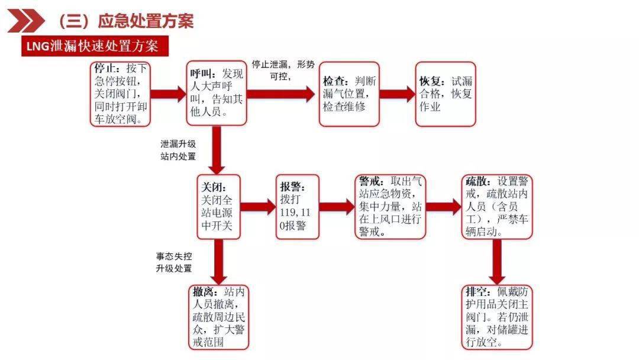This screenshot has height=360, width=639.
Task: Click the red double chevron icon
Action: [25, 21]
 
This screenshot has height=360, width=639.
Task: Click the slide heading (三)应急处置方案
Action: [125, 21]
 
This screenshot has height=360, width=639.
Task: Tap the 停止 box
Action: [120, 94]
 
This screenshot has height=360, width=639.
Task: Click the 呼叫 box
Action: [216, 94]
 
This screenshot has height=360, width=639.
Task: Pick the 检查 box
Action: [349, 94]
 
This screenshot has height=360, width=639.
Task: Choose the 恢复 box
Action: [445, 94]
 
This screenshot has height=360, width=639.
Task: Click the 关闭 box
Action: [220, 207]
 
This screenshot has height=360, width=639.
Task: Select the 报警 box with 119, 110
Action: [297, 207]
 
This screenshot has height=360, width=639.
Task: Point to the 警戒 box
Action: [390, 207]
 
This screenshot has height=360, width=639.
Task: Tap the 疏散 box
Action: [498, 207]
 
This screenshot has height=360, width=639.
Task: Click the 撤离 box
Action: [220, 317]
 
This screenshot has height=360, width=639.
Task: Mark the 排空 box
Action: [498, 317]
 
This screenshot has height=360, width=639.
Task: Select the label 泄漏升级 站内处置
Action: [177, 150]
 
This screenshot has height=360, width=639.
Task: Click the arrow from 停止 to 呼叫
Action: [168, 94]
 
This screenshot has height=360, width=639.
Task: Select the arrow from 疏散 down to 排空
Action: [497, 261]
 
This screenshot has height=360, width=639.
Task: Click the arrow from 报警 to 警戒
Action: [337, 207]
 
